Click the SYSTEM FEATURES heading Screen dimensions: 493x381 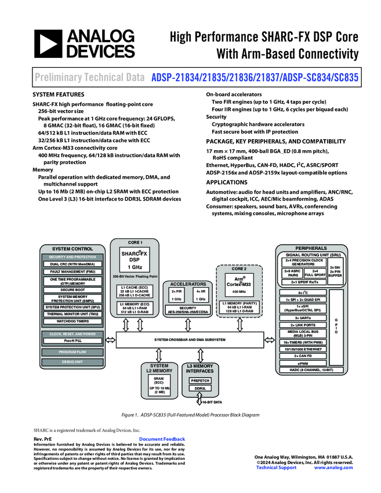coord(58,94)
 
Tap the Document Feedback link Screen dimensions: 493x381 coord(162,440)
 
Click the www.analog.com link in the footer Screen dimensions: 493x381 coord(333,467)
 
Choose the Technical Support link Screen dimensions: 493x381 coord(276,467)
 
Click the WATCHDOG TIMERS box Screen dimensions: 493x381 coord(72,321)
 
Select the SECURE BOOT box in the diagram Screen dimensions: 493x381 coord(72,289)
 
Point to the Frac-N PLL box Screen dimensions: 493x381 coord(72,341)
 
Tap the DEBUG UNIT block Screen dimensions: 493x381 coord(72,362)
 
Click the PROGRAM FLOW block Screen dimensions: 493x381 coord(72,351)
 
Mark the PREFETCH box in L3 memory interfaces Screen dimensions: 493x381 coord(200,380)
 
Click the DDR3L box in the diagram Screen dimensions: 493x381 coord(200,389)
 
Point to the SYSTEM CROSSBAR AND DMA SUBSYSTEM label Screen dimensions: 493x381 coord(190,339)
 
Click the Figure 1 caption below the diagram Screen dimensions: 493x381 coord(190,415)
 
